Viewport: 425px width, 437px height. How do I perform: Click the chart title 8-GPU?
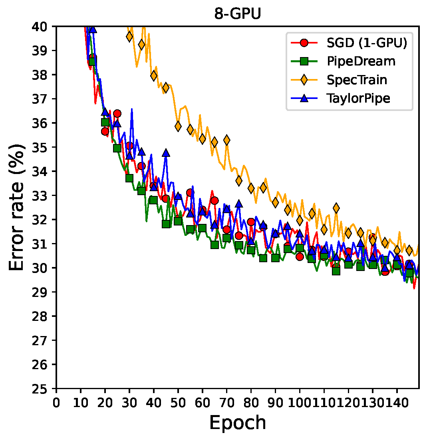[x=238, y=14]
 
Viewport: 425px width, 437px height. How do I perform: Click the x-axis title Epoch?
[x=238, y=422]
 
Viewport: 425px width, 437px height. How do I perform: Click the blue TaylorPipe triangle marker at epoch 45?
[x=166, y=153]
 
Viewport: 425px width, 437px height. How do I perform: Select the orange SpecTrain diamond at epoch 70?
[x=226, y=140]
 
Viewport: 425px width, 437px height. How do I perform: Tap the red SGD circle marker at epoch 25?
[x=117, y=113]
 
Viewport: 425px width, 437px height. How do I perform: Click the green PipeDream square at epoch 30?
[x=129, y=178]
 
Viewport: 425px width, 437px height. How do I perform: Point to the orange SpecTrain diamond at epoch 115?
[x=336, y=208]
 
